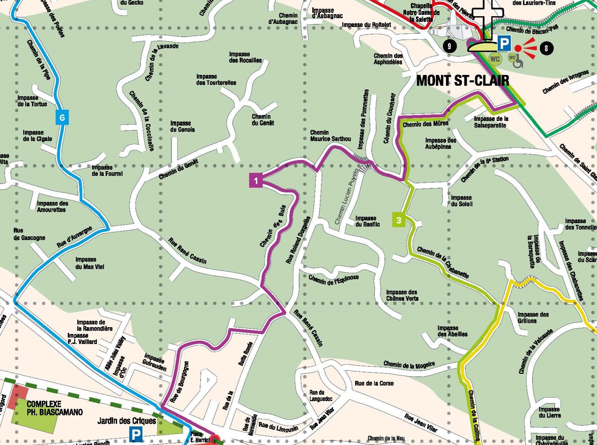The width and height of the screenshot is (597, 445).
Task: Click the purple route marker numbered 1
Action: [256, 180]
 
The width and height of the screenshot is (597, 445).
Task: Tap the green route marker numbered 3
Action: [399, 220]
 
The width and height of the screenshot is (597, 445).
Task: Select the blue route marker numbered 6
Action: [62, 117]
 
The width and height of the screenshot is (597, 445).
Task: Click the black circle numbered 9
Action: [449, 46]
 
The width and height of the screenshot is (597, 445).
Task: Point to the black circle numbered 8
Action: [546, 48]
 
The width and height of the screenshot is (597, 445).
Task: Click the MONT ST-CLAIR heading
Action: [462, 81]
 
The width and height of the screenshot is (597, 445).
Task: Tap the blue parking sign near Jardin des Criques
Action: [136, 435]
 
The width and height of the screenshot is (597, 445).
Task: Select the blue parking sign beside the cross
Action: [504, 44]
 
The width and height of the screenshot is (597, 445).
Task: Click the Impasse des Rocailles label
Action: [245, 57]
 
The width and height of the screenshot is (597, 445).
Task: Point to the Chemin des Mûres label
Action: [425, 124]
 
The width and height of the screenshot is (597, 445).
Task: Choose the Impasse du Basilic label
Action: [367, 221]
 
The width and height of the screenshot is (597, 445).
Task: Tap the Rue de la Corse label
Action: [374, 383]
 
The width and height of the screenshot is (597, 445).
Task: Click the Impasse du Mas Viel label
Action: [89, 263]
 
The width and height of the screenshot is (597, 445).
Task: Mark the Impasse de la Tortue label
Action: [32, 101]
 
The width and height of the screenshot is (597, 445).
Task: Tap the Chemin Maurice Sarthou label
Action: [330, 135]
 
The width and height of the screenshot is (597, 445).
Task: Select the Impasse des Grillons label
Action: [533, 317]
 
